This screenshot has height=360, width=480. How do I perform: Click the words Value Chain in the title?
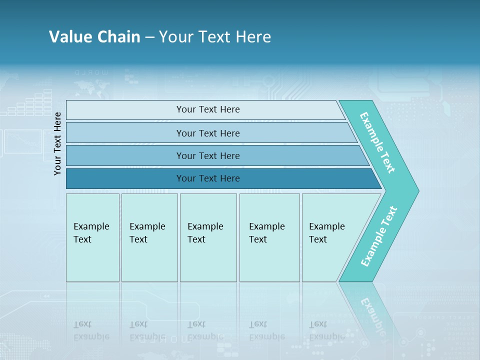click(x=94, y=37)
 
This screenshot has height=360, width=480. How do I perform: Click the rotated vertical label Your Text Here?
click(x=57, y=143)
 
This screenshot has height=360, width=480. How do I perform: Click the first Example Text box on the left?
click(x=92, y=237)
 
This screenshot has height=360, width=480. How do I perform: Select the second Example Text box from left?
click(x=149, y=237)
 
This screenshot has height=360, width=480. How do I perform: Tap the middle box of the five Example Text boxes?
click(x=208, y=237)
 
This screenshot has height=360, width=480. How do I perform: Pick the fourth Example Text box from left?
click(x=269, y=237)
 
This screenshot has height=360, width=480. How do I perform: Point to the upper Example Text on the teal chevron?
click(x=377, y=142)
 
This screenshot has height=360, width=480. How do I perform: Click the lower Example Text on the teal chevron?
click(x=379, y=236)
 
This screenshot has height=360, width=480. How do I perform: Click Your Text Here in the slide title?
click(x=215, y=37)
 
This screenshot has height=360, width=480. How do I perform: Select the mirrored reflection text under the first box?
click(x=91, y=331)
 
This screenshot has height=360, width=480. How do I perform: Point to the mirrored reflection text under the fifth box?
click(x=327, y=331)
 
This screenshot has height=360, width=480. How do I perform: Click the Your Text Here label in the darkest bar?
click(x=208, y=178)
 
